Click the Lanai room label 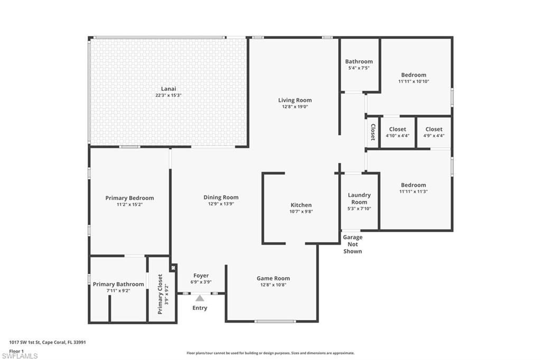tap(169, 89)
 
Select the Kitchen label tap(301, 205)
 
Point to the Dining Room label tap(221, 197)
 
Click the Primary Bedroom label tap(129, 198)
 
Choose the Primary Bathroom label tap(118, 284)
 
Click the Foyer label tap(201, 276)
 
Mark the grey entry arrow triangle tap(200, 298)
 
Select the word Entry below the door tap(200, 308)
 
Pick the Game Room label tap(273, 278)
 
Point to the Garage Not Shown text tap(352, 244)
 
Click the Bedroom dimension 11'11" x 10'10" tap(413, 81)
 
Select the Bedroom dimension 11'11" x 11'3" tap(413, 191)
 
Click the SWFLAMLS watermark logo tap(20, 356)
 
